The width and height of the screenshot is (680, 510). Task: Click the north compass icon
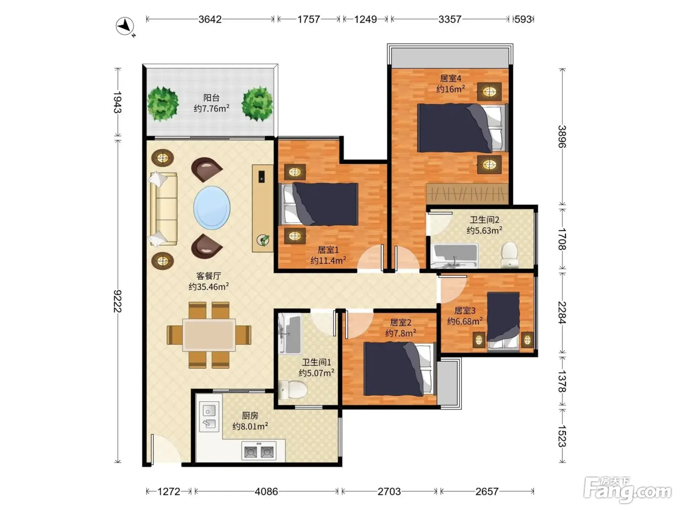(x=125, y=27)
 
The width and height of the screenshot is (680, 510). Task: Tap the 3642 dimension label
(x=210, y=19)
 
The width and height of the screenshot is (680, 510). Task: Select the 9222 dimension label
(x=118, y=301)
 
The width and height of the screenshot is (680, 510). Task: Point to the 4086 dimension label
(x=267, y=492)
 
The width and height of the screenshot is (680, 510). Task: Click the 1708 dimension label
(x=562, y=239)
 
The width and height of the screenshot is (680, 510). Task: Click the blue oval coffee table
(x=212, y=207)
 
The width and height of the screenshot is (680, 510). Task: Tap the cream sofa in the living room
(x=163, y=209)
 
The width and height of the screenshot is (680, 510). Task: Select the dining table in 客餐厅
(x=209, y=335)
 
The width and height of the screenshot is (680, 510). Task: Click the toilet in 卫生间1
(x=292, y=390)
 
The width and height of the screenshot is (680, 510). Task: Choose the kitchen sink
(x=209, y=416)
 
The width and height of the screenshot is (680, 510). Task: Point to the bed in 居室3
(x=503, y=322)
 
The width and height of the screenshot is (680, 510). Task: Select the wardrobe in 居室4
(x=467, y=193)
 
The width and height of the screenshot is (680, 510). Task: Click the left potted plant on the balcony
(x=163, y=104)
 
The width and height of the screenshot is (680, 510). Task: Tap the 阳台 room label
(x=212, y=98)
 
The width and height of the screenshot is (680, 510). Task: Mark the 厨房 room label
(x=250, y=415)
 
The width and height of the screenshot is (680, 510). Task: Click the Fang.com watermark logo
(x=628, y=489)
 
